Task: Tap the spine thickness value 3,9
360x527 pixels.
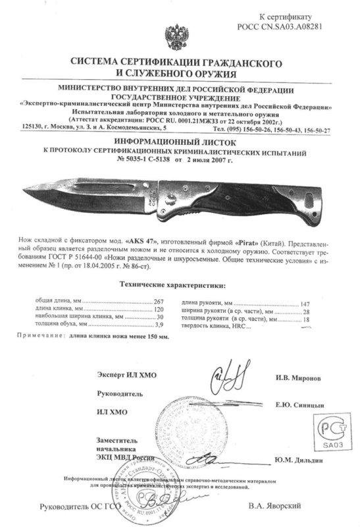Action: [x=158, y=325]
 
